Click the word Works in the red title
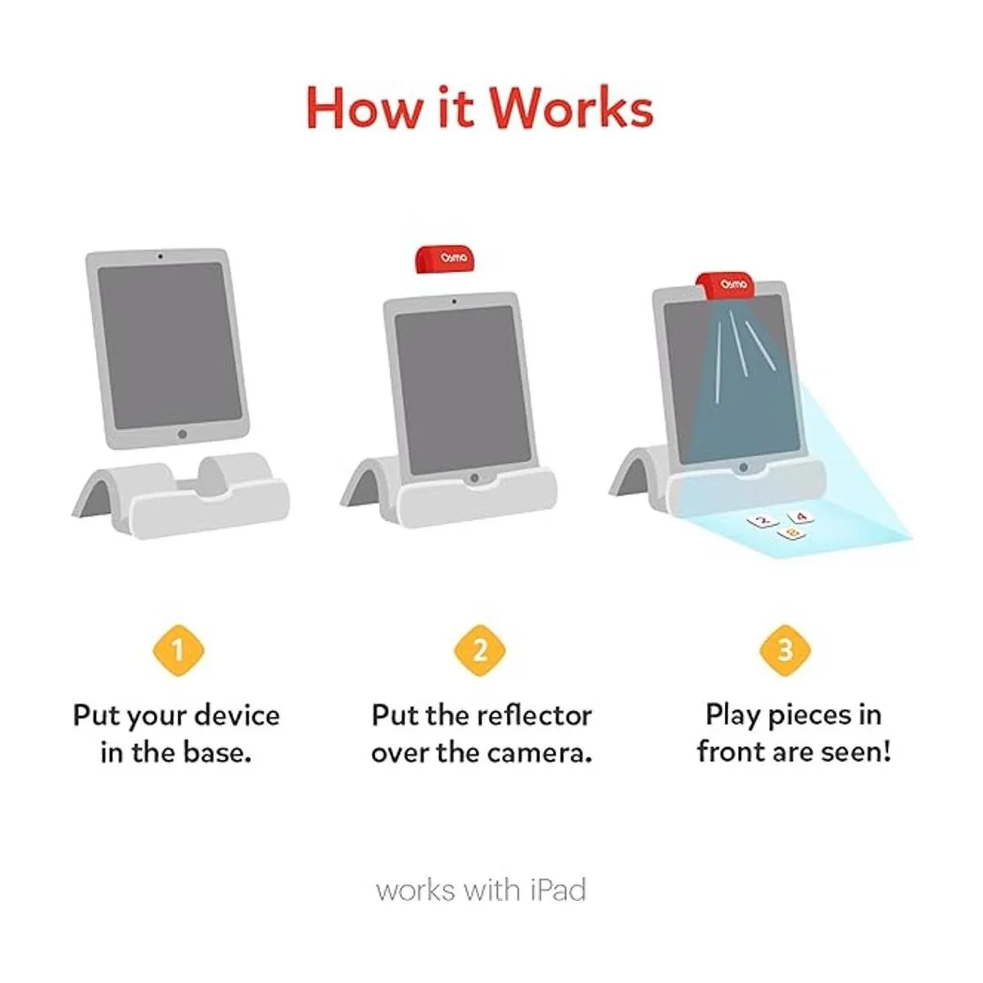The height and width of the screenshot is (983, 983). tap(575, 107)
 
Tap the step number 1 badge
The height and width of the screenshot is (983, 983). tap(178, 651)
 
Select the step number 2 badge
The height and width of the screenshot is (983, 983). tap(481, 651)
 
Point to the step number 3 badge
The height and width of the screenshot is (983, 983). tap(785, 651)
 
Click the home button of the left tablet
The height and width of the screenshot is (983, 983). tap(182, 433)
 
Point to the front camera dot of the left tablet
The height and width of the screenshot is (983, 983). tap(160, 256)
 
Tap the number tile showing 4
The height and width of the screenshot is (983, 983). tap(800, 518)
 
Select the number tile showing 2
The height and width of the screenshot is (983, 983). tap(763, 520)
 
